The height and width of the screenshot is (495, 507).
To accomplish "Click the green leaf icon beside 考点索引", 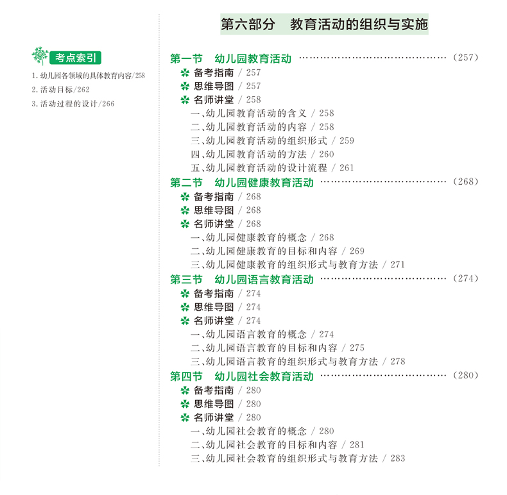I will (40, 56).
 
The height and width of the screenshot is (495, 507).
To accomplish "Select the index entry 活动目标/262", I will (60, 89).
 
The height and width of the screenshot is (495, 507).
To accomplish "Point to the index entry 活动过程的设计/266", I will (73, 103).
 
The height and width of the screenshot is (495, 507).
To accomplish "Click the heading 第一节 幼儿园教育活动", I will (231, 59).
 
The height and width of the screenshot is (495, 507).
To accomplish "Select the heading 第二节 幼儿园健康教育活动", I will (242, 183).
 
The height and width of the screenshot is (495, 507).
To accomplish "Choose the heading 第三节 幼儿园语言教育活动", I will (242, 280).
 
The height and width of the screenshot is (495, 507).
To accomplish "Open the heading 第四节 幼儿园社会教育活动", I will (242, 376).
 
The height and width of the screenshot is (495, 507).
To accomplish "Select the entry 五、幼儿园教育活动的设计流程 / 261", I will (272, 168).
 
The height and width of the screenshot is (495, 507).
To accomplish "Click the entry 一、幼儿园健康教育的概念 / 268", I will (262, 238).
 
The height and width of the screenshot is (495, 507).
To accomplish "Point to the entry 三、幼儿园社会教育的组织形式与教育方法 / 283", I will (298, 458).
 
